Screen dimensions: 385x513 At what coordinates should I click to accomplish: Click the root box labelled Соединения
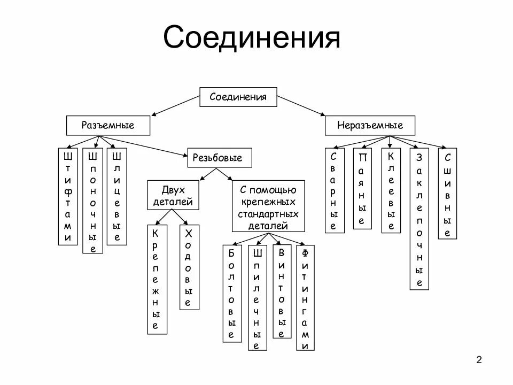coord(238,97)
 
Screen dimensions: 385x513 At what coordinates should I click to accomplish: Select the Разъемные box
coord(108,126)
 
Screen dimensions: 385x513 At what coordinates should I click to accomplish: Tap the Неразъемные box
coord(370,126)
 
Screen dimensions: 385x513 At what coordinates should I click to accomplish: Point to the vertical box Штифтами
coord(68,197)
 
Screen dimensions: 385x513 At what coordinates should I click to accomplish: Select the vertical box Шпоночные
coord(92,201)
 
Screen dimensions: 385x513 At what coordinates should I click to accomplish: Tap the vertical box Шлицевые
coord(117,197)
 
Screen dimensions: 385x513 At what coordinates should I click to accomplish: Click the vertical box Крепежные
coord(156,279)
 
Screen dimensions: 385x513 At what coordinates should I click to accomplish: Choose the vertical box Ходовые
coord(188,267)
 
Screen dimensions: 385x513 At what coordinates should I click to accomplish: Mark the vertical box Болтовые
coord(231,294)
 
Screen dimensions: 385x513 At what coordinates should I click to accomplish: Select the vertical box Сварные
coord(334,190)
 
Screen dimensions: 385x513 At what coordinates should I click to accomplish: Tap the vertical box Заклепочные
coord(419,219)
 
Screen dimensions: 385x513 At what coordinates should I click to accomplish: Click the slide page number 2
coord(479,359)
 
